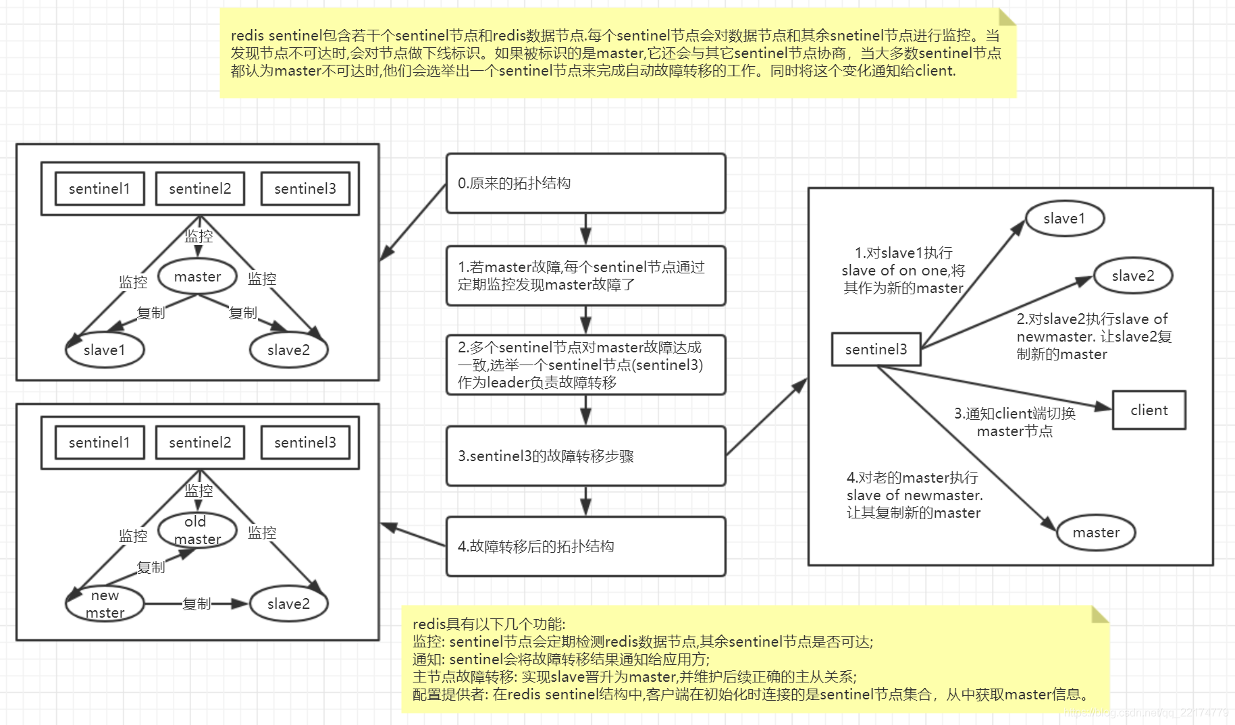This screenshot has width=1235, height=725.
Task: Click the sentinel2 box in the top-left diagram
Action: click(x=200, y=189)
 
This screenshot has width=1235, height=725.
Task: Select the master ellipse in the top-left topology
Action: click(x=197, y=276)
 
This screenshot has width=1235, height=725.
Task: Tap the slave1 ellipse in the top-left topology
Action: click(x=105, y=350)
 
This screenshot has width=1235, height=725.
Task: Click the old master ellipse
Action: click(x=197, y=531)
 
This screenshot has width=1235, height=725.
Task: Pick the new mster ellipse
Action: click(x=105, y=603)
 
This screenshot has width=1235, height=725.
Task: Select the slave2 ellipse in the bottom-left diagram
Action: click(x=288, y=603)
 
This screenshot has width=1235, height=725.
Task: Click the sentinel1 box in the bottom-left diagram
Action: click(x=99, y=443)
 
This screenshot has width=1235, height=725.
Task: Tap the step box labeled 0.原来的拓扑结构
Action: click(x=585, y=184)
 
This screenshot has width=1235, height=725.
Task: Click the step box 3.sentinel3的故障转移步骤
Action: click(x=585, y=456)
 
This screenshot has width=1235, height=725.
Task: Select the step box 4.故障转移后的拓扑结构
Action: click(x=585, y=546)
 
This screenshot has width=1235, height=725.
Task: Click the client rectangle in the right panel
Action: click(x=1149, y=410)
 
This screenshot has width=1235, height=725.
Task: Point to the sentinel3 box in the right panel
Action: click(x=876, y=350)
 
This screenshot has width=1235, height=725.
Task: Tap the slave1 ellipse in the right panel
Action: click(x=1064, y=219)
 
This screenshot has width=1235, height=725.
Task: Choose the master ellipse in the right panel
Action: click(x=1095, y=533)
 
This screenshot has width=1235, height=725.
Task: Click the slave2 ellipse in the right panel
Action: click(x=1132, y=276)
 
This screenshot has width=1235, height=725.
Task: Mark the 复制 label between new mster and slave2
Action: click(x=196, y=603)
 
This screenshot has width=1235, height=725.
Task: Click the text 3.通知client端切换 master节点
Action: click(x=1014, y=423)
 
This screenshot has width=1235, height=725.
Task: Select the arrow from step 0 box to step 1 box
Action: click(x=585, y=230)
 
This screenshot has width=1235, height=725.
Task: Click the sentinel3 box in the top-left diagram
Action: click(x=305, y=189)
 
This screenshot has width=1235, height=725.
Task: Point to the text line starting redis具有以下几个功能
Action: click(x=489, y=624)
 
